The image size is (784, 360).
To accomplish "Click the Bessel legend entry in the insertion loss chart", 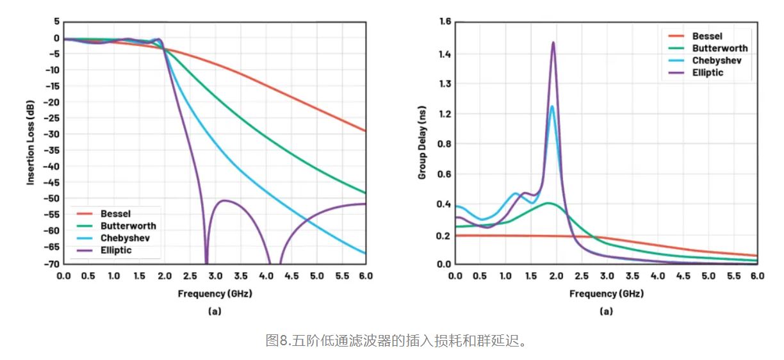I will pyautogui.click(x=115, y=214).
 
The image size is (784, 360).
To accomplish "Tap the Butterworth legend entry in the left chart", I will pyautogui.click(x=128, y=225).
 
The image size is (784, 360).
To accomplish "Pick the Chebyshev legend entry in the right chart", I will pyautogui.click(x=715, y=60).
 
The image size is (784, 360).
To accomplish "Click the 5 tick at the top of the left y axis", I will pyautogui.click(x=56, y=21).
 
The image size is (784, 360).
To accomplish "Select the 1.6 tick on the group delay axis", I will pyautogui.click(x=445, y=22).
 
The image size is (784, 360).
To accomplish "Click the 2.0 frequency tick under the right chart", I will pyautogui.click(x=556, y=275).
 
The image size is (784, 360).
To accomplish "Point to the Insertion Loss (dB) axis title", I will pyautogui.click(x=30, y=142).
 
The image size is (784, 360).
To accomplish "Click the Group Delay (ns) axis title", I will pyautogui.click(x=422, y=142).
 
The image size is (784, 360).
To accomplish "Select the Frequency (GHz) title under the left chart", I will pyautogui.click(x=215, y=293).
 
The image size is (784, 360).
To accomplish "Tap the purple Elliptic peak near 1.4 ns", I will pyautogui.click(x=553, y=43).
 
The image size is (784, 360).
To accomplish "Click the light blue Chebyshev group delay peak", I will pyautogui.click(x=551, y=106).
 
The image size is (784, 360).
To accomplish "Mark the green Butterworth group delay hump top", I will pyautogui.click(x=548, y=203).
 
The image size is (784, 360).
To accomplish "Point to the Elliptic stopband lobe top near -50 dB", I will pyautogui.click(x=225, y=200).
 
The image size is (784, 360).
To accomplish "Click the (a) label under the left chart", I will pyautogui.click(x=215, y=311).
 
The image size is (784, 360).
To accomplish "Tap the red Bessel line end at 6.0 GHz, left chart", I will pyautogui.click(x=365, y=131).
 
